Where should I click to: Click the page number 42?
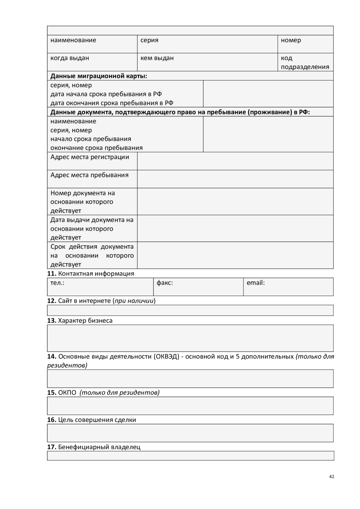(x=332, y=477)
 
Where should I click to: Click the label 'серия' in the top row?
(x=149, y=40)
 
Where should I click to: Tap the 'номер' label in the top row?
(x=291, y=40)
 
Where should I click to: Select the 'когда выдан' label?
(x=69, y=58)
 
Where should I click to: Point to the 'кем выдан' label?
(x=157, y=58)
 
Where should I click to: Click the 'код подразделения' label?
(x=305, y=62)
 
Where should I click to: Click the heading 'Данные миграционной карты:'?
(x=99, y=76)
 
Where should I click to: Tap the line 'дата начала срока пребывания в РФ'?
(x=106, y=94)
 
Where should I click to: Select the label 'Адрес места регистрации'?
(x=90, y=157)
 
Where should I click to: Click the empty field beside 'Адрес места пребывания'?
(x=235, y=179)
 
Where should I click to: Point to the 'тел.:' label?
(x=57, y=283)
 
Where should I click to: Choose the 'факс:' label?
(x=165, y=283)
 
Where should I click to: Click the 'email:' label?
(x=256, y=283)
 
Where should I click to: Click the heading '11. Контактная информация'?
(x=91, y=274)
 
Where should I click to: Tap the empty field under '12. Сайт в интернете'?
(x=190, y=310)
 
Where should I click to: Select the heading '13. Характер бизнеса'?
(x=80, y=321)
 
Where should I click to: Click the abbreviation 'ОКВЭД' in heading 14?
(x=166, y=357)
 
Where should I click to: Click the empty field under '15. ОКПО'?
(x=190, y=406)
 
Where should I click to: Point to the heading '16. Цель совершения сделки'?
(x=91, y=420)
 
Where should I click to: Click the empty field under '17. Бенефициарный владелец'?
(x=190, y=456)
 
